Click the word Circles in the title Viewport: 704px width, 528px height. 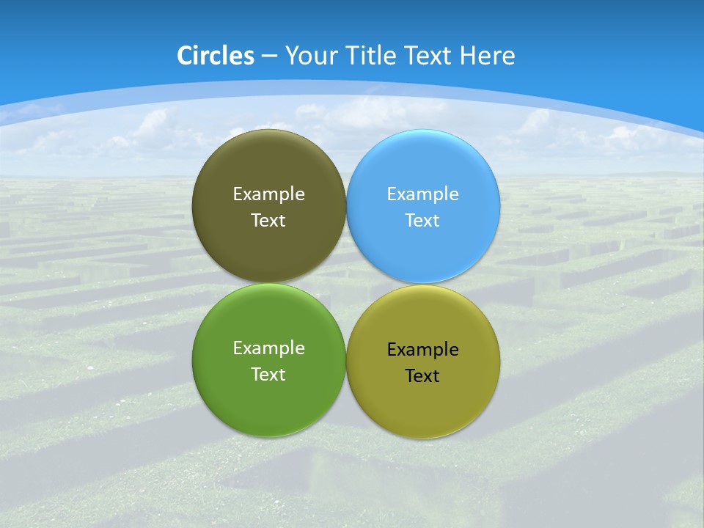click(216, 56)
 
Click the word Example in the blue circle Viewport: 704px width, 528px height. click(422, 194)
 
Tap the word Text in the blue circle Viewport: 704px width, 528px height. click(422, 221)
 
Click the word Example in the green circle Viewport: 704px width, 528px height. click(268, 348)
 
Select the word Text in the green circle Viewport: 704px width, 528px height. click(268, 375)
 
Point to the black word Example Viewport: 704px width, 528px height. click(422, 350)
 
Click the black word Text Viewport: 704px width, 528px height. click(422, 376)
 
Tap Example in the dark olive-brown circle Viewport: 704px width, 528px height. click(268, 194)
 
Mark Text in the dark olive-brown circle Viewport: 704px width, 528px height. click(268, 221)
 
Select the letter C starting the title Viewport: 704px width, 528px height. click(185, 56)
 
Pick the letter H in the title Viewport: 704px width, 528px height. click(469, 56)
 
